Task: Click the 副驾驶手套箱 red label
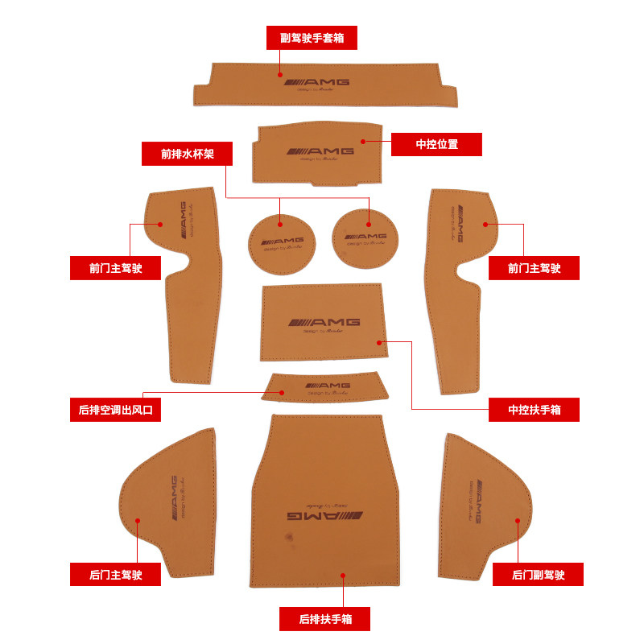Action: [312, 38]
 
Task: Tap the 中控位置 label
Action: [436, 144]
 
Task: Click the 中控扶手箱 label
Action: [534, 411]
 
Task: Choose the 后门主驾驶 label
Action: [116, 575]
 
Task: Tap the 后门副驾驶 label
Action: [538, 575]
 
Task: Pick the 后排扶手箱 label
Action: [324, 619]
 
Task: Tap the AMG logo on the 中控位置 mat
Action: [319, 151]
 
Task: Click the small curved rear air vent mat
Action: [324, 386]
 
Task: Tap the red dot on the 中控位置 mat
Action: [363, 141]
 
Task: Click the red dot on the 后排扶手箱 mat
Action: [343, 575]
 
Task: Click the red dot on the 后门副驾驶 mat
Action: [517, 520]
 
